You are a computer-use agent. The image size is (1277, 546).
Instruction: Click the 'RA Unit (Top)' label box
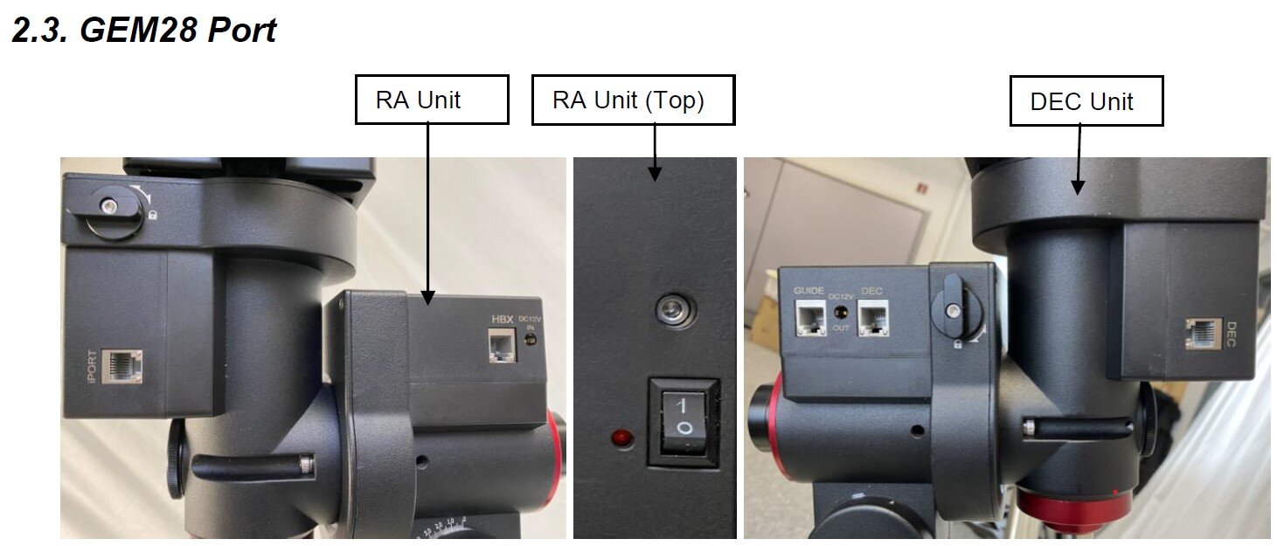(632, 100)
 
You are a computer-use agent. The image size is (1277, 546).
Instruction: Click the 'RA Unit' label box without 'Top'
(431, 99)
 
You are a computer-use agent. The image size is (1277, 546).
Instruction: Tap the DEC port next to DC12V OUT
(873, 317)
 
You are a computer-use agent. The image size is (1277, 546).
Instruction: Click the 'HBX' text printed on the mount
(502, 320)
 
